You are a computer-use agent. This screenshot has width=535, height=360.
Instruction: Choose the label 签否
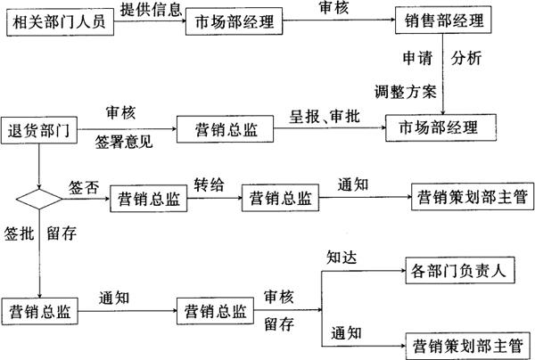[x=83, y=187]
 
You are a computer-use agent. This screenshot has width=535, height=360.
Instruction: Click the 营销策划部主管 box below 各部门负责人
[x=467, y=340]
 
